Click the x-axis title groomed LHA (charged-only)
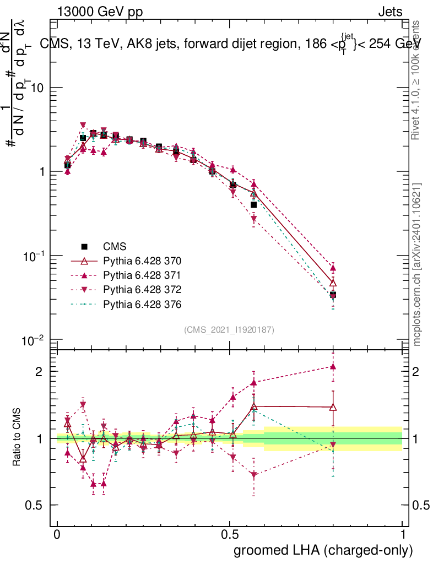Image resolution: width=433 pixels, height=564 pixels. coord(324,550)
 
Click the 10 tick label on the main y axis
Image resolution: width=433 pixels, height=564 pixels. coord(37,88)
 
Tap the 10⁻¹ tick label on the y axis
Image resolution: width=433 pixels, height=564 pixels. coord(33,257)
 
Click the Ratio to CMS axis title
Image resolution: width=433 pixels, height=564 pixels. coord(17,438)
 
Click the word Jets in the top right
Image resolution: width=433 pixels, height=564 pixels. coord(390,12)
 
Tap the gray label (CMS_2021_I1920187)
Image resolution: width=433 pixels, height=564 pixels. coord(229,329)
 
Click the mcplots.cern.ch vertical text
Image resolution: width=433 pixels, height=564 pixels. coord(417,264)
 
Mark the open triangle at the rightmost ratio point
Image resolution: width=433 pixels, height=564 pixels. coord(333,408)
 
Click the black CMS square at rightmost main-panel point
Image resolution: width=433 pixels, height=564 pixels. coord(333,295)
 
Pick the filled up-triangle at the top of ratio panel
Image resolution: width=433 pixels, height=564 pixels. coord(333,366)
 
